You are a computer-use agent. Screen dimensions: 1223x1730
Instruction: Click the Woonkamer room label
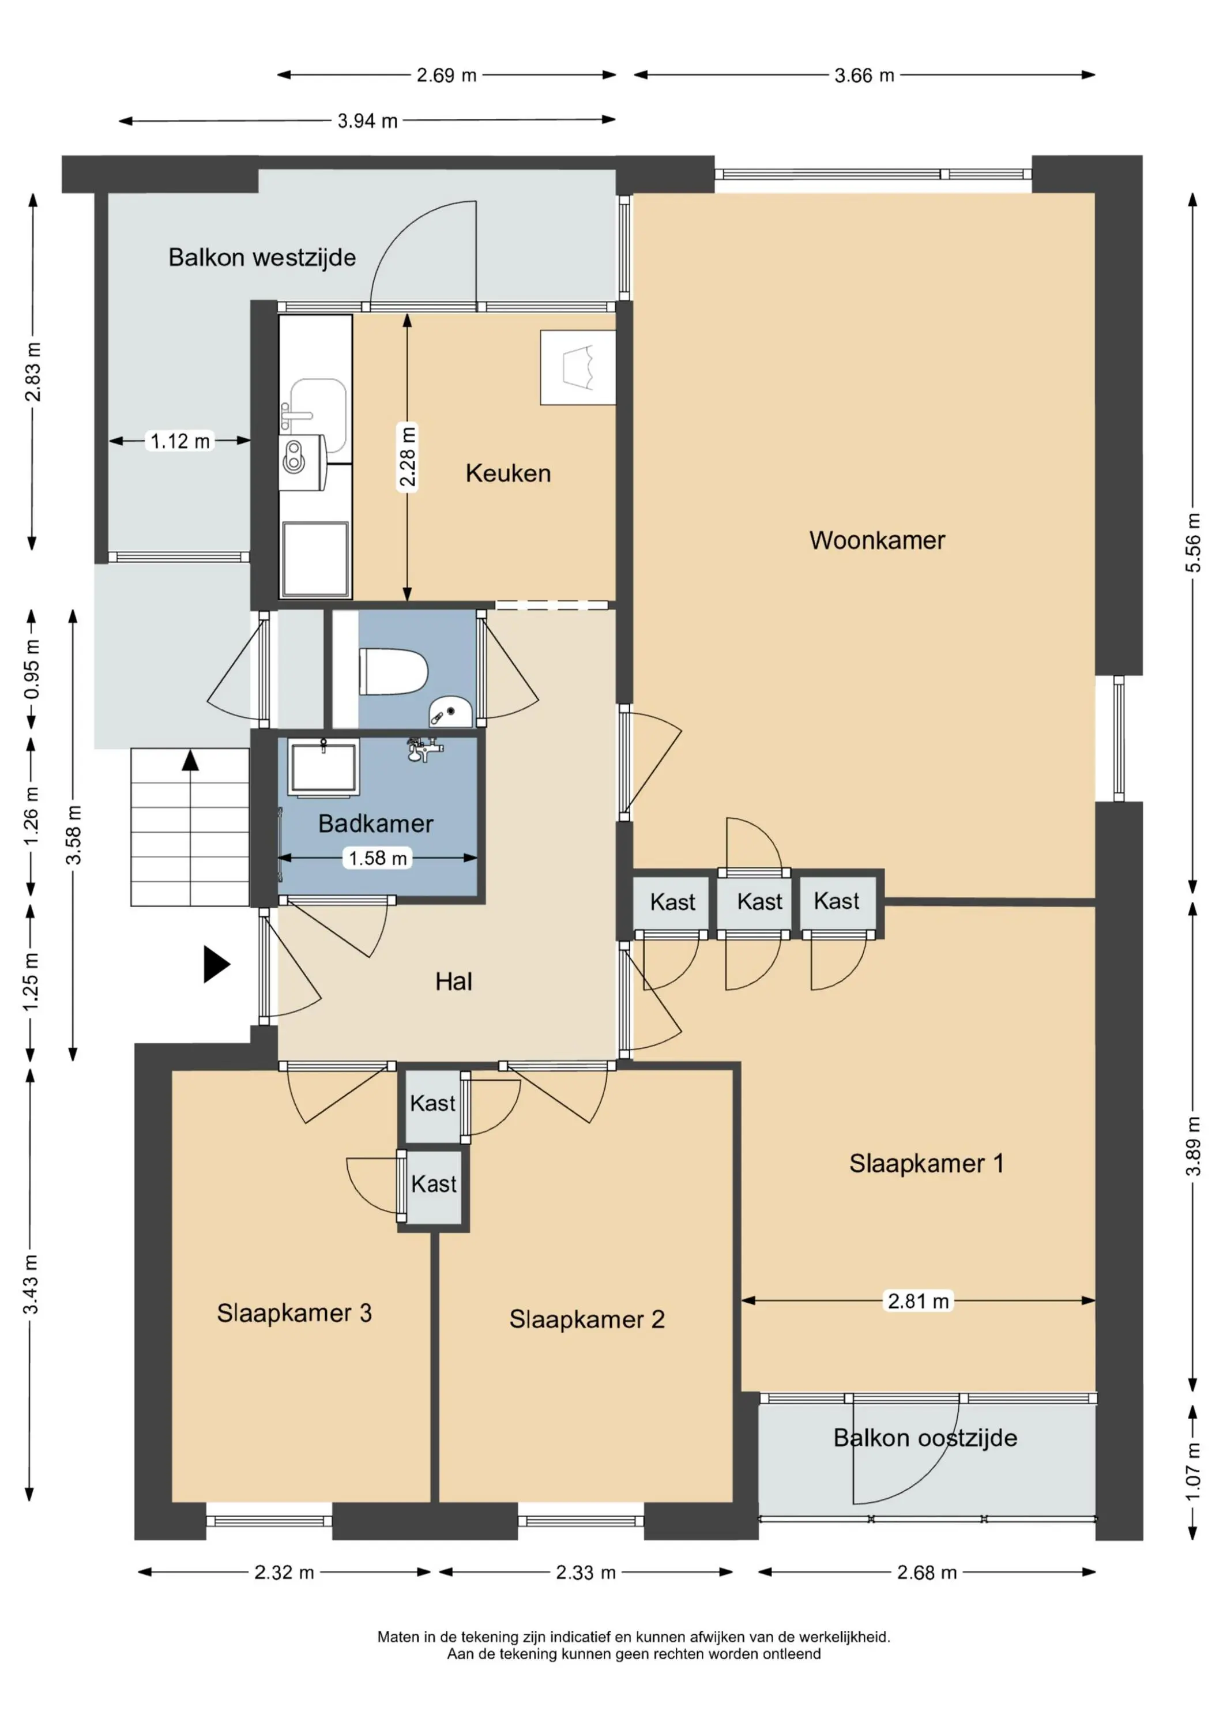tap(877, 540)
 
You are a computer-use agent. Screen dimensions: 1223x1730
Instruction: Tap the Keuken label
tap(508, 473)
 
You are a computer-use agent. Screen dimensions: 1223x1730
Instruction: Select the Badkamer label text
tap(375, 823)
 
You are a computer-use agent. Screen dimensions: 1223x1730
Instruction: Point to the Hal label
tap(454, 981)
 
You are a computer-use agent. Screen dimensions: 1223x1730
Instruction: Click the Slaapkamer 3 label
tap(295, 1313)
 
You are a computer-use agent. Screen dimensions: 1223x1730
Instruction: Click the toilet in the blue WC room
tap(393, 671)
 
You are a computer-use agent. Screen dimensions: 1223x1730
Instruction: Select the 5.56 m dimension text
tap(1193, 543)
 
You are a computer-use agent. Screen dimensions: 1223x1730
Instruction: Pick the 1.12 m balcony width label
tap(180, 441)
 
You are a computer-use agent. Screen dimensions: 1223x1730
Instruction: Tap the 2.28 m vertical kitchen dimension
tap(408, 458)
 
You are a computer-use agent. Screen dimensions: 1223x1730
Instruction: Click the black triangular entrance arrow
tap(216, 964)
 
